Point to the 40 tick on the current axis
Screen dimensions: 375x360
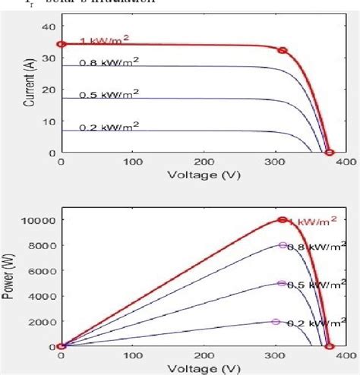50,26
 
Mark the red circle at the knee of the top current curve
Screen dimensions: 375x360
283,51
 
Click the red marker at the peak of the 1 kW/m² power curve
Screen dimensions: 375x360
283,219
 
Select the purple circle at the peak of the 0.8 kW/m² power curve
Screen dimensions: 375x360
283,245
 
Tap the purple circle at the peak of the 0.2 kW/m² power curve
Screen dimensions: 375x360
276,321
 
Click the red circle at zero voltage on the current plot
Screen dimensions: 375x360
62,44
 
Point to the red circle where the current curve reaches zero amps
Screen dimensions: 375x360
330,153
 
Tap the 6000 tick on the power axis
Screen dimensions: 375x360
43,271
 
